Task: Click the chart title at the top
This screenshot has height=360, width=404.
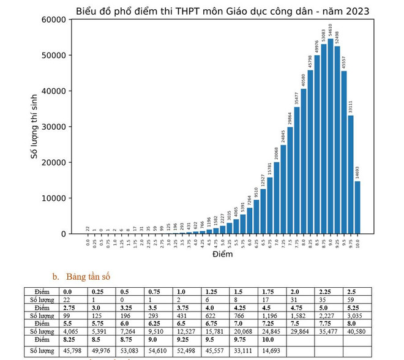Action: pyautogui.click(x=223, y=12)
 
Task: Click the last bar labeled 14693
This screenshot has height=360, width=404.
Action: pyautogui.click(x=357, y=208)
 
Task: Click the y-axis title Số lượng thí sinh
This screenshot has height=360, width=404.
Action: pyautogui.click(x=35, y=127)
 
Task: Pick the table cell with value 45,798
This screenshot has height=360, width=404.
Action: pyautogui.click(x=75, y=351)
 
